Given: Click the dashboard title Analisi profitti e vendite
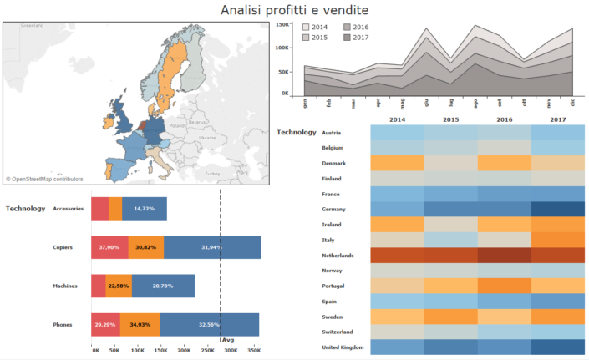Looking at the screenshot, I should [x=294, y=10].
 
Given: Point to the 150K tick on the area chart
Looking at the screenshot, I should [x=282, y=25].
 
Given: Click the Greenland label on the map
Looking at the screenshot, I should [x=32, y=26].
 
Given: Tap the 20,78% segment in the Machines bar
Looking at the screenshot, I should [x=163, y=286].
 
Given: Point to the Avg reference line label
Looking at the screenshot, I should [x=226, y=338].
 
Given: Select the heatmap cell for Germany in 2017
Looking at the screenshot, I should [x=558, y=209].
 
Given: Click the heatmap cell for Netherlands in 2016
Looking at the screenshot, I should [x=504, y=256].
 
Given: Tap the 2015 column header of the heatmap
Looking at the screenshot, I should [x=450, y=120].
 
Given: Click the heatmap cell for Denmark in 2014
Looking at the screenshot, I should [x=396, y=163].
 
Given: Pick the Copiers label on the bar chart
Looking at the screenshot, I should [x=63, y=247].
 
